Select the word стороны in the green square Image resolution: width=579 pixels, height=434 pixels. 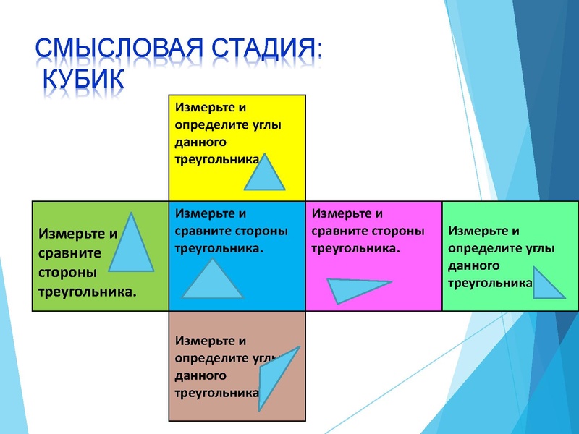(x=64, y=273)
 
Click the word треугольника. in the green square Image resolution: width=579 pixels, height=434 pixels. (x=87, y=293)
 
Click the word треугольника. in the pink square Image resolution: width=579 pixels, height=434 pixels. (x=355, y=248)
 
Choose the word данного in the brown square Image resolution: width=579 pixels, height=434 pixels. (x=200, y=375)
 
